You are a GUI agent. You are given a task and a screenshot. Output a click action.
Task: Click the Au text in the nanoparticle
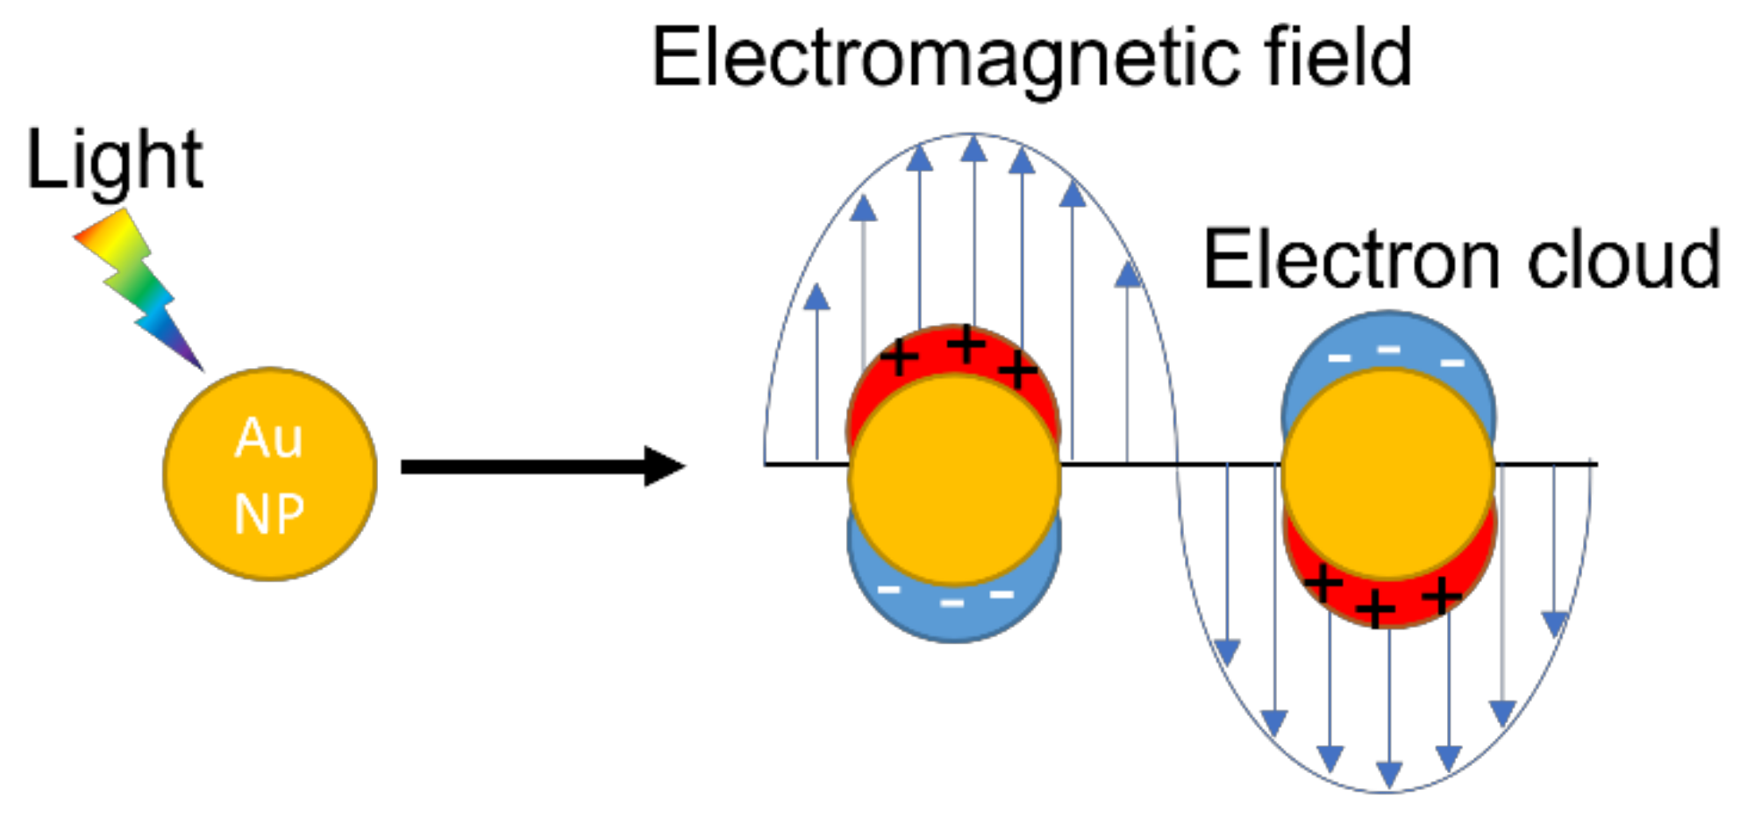268,437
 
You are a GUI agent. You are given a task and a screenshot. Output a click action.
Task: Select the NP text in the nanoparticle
268,514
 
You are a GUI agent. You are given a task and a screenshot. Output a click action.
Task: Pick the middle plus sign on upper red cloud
966,344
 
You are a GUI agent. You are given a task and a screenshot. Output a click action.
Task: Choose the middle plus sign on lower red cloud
1375,607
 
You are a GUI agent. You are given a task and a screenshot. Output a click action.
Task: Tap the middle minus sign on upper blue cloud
1388,351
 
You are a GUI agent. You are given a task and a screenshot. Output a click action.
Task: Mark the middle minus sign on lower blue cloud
952,603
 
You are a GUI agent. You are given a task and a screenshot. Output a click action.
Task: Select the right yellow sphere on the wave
1388,473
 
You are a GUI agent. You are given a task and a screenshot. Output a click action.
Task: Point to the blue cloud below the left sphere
954,614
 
